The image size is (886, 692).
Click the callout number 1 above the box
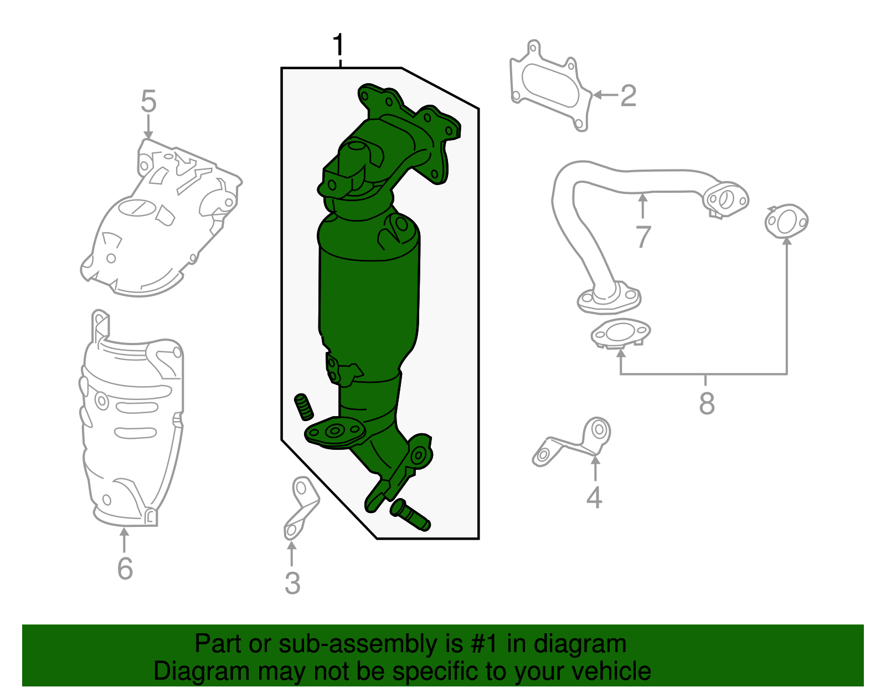pyautogui.click(x=338, y=45)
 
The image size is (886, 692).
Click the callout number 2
pyautogui.click(x=628, y=96)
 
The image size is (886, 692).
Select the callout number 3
pyautogui.click(x=292, y=583)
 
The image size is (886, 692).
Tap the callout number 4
pyautogui.click(x=594, y=498)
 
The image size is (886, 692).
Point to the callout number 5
pyautogui.click(x=148, y=102)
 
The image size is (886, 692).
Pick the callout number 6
pyautogui.click(x=125, y=568)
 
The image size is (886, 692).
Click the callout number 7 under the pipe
pyautogui.click(x=642, y=237)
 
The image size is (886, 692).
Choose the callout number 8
pyautogui.click(x=707, y=403)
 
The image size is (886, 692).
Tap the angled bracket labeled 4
pyautogui.click(x=576, y=443)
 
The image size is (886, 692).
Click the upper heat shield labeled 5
pyautogui.click(x=161, y=222)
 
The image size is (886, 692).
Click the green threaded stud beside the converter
pyautogui.click(x=303, y=407)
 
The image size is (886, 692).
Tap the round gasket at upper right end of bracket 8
pyautogui.click(x=786, y=222)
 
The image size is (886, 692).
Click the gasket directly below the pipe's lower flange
pyautogui.click(x=620, y=334)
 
